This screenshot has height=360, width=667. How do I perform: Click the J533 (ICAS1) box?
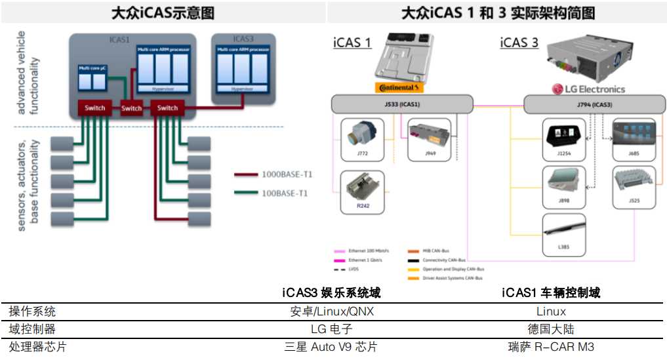click(401, 104)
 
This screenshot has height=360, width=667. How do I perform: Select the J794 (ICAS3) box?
click(594, 104)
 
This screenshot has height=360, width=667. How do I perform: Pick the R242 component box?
click(363, 191)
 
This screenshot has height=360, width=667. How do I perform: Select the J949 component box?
click(430, 139)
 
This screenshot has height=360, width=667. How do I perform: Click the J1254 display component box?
click(564, 139)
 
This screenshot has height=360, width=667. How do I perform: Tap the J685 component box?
click(633, 139)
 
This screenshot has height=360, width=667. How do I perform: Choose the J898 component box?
click(564, 187)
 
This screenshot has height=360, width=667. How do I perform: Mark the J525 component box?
click(633, 187)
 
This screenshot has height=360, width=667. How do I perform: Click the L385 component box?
click(564, 235)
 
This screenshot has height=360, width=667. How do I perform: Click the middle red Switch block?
click(131, 108)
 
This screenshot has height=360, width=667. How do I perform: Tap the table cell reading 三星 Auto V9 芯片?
click(331, 347)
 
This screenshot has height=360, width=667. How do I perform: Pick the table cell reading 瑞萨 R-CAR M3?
click(551, 347)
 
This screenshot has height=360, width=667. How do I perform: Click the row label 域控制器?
click(32, 329)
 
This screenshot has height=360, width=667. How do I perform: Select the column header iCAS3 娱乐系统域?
click(331, 293)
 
